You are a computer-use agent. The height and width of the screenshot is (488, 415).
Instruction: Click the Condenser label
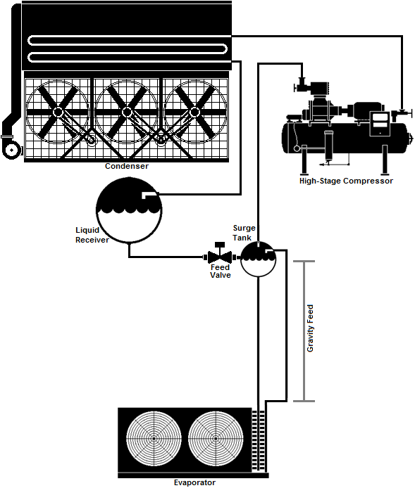127,166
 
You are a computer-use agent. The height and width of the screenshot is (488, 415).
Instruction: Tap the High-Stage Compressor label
346,181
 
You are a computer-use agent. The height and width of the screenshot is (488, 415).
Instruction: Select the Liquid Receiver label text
92,235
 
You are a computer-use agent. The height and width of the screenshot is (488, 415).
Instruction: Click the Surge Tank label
244,233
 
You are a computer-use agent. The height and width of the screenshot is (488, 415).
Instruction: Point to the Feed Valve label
221,271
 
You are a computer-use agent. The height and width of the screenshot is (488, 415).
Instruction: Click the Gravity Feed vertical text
310,328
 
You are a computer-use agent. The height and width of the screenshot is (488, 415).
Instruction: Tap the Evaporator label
194,482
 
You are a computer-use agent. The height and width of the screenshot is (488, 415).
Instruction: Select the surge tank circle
258,259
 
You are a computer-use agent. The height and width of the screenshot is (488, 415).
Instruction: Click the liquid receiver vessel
129,210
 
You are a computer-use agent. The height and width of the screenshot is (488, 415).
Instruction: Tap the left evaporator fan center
154,439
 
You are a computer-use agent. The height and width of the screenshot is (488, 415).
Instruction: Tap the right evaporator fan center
216,439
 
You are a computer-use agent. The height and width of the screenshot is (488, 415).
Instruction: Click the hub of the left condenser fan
58,112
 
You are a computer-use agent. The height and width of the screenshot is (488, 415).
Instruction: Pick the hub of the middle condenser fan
127,112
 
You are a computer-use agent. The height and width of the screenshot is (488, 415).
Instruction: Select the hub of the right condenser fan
195,112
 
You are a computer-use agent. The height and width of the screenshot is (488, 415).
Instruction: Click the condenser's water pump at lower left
12,150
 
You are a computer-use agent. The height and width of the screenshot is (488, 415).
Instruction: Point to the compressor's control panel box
380,124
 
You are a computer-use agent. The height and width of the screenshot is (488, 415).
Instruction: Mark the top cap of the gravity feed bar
304,262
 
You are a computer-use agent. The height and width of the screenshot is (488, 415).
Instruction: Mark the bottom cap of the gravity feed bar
304,401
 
